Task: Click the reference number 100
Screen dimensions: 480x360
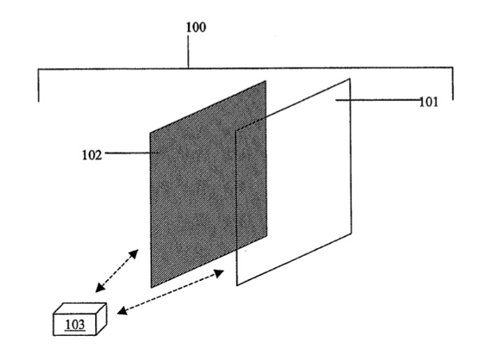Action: point(196,27)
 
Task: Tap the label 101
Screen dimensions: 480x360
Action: point(428,102)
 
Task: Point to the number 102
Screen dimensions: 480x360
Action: point(91,155)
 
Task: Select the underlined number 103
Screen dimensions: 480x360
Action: point(74,324)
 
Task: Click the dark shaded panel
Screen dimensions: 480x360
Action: point(208,184)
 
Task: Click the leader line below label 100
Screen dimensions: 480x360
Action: point(188,51)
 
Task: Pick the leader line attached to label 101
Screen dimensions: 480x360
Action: point(378,100)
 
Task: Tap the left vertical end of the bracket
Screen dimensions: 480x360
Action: point(38,86)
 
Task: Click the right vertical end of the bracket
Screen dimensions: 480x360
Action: point(453,83)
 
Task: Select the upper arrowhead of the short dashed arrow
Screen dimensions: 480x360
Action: point(134,254)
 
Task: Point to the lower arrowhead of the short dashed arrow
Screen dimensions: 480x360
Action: point(100,288)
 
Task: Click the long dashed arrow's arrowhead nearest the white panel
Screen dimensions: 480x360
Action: point(219,273)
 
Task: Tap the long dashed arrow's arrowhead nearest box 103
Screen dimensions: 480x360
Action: point(122,310)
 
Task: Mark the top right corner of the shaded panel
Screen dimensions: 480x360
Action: point(266,81)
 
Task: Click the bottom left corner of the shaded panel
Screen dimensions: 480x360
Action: point(151,287)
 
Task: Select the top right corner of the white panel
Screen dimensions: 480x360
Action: point(350,78)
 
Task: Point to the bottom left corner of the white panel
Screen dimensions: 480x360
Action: point(237,286)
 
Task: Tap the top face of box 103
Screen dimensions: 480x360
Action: point(80,309)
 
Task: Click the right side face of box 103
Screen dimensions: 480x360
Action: point(102,319)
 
